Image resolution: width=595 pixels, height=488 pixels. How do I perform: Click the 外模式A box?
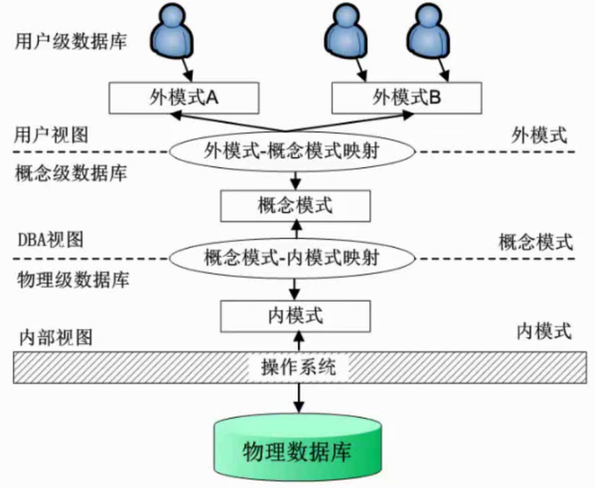coord(182,97)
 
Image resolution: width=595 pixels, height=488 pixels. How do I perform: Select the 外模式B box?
coord(407,97)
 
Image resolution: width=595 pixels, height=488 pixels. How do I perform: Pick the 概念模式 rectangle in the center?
coord(294,205)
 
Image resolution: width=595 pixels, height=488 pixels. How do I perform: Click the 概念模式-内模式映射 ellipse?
coord(294,258)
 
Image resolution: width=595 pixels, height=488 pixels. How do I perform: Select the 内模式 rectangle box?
coord(294,313)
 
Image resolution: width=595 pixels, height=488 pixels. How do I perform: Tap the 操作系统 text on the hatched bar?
coord(297,367)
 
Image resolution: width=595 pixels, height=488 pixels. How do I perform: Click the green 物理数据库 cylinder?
coord(297,451)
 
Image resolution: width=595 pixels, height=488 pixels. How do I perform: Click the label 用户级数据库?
coord(70,41)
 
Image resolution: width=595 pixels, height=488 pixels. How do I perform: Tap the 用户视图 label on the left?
coord(52,135)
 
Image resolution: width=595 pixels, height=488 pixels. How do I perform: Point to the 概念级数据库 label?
coord(70,173)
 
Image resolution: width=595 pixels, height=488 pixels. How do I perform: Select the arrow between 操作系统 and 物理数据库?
coord(297,398)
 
